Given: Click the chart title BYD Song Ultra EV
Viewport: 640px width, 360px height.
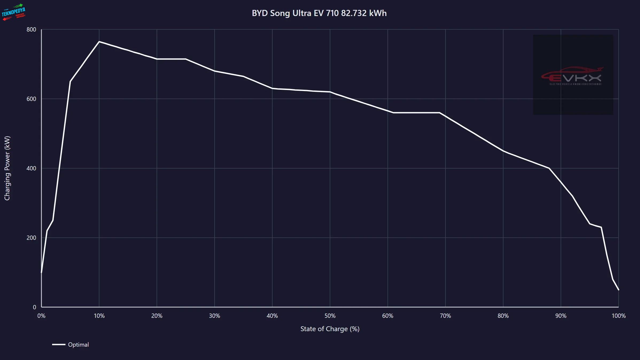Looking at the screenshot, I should click(319, 13).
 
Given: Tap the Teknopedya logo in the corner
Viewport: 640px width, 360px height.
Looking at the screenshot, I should click(14, 12).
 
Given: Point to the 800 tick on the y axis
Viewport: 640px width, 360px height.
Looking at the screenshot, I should click(31, 30).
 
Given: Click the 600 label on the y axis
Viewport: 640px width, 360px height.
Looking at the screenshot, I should click(31, 99).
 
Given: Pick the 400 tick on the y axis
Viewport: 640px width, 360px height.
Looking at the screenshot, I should click(31, 169).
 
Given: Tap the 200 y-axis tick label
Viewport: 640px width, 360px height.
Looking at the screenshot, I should click(31, 238).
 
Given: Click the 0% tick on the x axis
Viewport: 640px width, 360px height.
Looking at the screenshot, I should click(41, 316).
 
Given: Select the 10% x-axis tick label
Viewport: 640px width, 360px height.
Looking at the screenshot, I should click(99, 316).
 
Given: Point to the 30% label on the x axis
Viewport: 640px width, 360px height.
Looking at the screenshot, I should click(215, 316).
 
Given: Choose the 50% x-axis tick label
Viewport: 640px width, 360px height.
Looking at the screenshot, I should click(330, 316).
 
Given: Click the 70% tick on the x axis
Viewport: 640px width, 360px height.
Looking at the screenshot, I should click(445, 316).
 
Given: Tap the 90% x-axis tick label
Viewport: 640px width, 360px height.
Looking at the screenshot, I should click(561, 316).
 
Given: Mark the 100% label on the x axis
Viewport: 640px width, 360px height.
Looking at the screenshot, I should click(619, 316).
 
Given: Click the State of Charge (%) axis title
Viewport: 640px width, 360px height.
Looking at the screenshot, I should click(330, 329).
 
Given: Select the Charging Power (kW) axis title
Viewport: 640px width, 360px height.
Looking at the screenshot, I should click(7, 168).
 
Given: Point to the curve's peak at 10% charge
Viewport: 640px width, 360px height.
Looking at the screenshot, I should click(99, 42).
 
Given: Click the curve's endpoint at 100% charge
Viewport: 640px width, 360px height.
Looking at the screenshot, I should click(618, 289).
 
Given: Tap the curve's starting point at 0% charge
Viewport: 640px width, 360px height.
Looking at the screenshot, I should click(41, 272).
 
